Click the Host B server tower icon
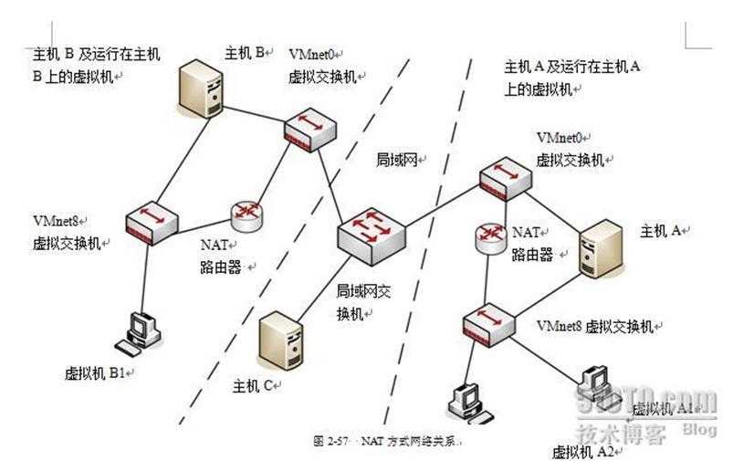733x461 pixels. (x=201, y=89)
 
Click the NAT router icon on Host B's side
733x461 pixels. (x=246, y=215)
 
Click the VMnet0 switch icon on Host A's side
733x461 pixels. (x=506, y=178)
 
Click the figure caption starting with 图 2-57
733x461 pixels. (x=389, y=441)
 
